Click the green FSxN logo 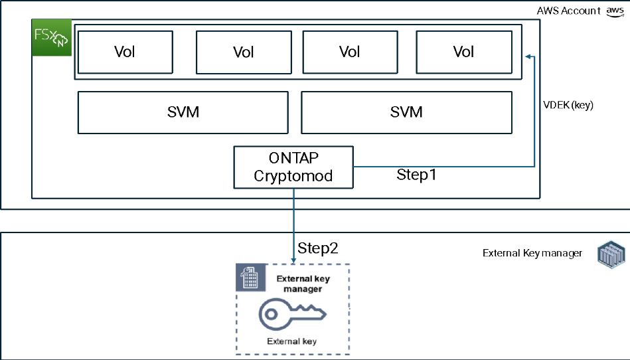52,39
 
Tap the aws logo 615,13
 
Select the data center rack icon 611,254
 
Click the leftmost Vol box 125,52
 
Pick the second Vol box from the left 244,52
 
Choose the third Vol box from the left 350,52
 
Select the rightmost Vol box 463,52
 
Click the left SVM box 183,112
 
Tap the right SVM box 406,112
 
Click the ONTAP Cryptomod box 293,167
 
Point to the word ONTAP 293,158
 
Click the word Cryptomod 293,176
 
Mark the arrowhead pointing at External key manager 293,260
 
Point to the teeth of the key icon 312,311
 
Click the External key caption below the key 291,341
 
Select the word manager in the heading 303,289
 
